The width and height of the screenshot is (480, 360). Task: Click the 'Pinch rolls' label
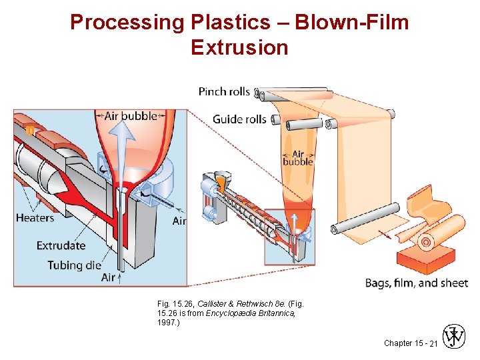[224, 91]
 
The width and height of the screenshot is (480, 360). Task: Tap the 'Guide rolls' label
[239, 119]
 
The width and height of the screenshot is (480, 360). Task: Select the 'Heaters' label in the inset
[35, 217]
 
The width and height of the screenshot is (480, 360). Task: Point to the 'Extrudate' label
[61, 245]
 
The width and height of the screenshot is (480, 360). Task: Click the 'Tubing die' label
[74, 265]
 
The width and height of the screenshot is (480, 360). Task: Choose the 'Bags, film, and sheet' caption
[416, 283]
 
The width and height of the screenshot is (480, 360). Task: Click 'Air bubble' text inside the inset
[131, 115]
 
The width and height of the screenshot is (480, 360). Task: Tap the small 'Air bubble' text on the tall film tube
[297, 158]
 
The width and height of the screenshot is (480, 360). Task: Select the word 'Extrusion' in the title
[239, 48]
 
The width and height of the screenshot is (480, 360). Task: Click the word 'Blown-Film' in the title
[352, 23]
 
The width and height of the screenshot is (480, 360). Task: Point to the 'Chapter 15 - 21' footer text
[411, 343]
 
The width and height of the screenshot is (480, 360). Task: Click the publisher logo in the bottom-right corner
[453, 337]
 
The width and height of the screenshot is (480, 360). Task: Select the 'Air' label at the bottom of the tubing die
[109, 277]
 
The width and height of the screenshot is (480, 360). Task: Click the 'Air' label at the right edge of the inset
[179, 221]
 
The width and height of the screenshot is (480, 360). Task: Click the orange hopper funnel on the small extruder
[221, 181]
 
